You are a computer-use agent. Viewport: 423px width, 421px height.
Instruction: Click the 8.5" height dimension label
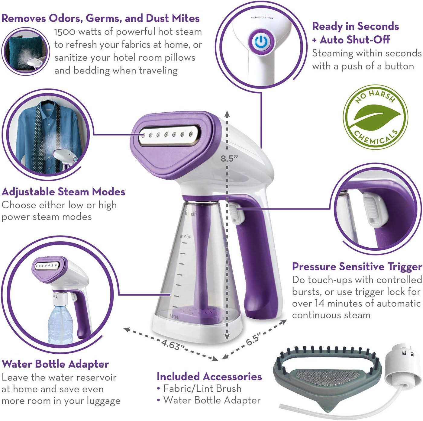(229, 159)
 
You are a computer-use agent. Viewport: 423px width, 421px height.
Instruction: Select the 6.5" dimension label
(253, 339)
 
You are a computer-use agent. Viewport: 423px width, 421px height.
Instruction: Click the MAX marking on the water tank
(185, 236)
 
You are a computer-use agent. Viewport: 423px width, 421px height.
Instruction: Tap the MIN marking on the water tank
(174, 316)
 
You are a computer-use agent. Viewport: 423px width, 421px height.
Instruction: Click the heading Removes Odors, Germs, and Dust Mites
(100, 18)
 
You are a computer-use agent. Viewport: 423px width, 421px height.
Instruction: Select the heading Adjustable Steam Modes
(63, 192)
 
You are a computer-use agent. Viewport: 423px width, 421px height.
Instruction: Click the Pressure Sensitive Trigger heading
(357, 267)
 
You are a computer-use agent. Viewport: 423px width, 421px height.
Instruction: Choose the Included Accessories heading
(209, 377)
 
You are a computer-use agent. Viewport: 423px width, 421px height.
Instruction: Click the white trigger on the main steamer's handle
(236, 213)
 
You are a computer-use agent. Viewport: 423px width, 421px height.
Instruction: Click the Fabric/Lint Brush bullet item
(202, 388)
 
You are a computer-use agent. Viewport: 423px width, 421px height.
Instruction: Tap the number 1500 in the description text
(64, 32)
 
